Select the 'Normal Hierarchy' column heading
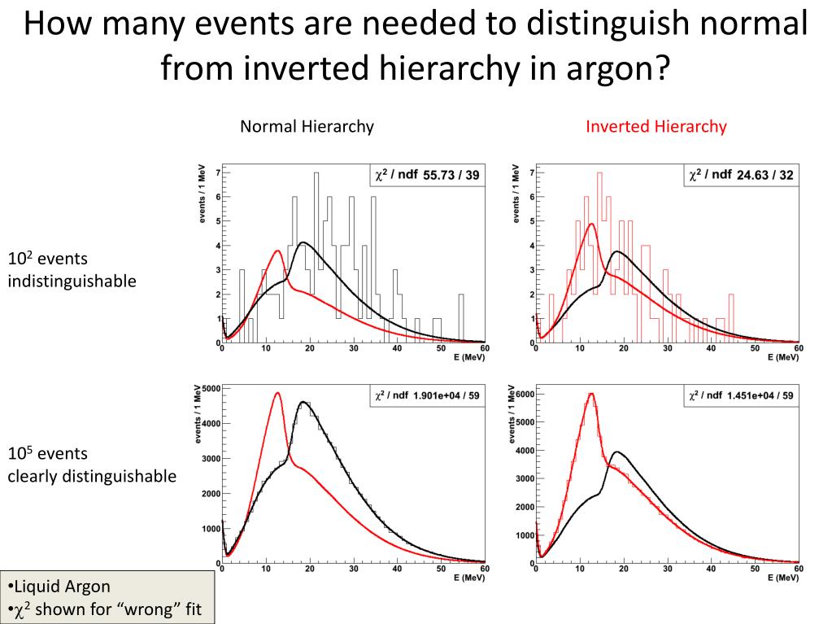point(307,126)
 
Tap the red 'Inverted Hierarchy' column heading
point(656,126)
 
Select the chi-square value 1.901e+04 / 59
point(447,396)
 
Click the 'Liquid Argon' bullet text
point(61,587)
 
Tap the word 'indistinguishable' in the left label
point(72,281)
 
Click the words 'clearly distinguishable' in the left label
point(92,476)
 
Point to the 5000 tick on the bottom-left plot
point(210,388)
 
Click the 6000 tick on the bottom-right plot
point(524,395)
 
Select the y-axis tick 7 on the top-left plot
point(217,173)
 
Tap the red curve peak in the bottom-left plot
point(277,393)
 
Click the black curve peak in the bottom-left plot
point(303,401)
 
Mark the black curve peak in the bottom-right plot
point(617,452)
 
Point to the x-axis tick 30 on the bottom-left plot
point(353,569)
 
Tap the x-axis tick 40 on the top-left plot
point(397,348)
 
